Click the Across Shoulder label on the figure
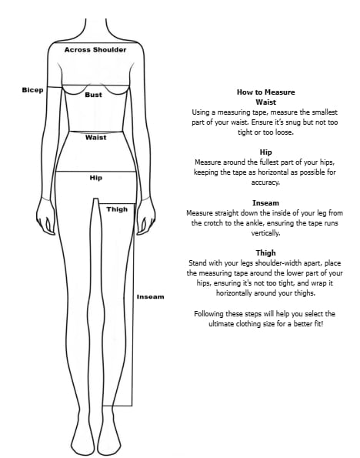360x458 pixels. (x=95, y=50)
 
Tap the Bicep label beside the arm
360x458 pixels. (x=32, y=90)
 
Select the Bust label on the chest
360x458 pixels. (x=93, y=95)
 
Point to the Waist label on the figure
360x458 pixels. (x=95, y=137)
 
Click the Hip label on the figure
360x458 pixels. (x=95, y=178)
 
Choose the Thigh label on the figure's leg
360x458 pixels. (x=117, y=209)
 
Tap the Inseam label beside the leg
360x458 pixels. (x=150, y=297)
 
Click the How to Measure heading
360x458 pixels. (x=265, y=92)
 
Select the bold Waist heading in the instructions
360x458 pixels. (x=265, y=102)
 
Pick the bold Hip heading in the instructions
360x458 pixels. (x=265, y=152)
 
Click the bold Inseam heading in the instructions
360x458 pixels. (x=265, y=202)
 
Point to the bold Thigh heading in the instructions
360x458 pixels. (x=265, y=252)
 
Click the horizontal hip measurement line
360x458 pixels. (x=95, y=172)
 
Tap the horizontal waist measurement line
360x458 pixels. (x=95, y=132)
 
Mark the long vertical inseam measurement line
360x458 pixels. (x=132, y=304)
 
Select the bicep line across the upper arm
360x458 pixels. (x=55, y=87)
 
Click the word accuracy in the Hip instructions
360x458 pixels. (x=265, y=182)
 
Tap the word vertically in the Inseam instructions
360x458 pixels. (x=265, y=233)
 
